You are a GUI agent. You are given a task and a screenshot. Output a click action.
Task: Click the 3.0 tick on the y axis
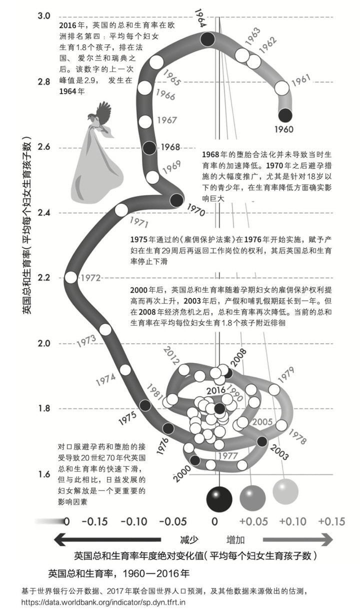pos(44,16)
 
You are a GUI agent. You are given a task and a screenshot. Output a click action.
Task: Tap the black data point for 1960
pos(284,115)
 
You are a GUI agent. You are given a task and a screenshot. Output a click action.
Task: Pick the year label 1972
pos(91,277)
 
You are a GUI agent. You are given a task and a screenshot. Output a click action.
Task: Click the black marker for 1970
pos(176,200)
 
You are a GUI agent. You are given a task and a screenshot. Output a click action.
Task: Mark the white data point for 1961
pos(282,88)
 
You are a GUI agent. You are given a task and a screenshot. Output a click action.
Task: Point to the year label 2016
pos(216,390)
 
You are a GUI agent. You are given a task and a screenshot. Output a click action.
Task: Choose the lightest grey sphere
pos(285,491)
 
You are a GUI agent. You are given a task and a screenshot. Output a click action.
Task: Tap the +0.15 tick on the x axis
pos(330,521)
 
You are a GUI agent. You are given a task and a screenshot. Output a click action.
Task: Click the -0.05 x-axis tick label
pos(172,521)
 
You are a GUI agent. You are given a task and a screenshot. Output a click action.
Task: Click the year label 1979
pos(285,376)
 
